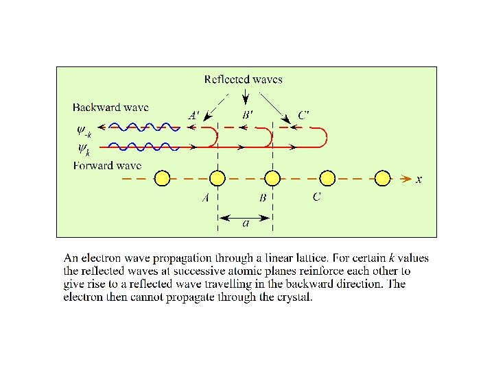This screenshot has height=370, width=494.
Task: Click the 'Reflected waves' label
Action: [244, 79]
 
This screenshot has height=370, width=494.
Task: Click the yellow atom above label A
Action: [217, 178]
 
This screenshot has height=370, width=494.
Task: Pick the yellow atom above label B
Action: [272, 178]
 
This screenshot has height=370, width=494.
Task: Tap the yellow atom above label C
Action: [327, 178]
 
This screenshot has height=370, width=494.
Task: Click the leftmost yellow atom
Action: [161, 178]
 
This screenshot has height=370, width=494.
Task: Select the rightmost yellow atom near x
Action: [382, 178]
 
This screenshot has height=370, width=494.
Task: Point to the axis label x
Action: [419, 180]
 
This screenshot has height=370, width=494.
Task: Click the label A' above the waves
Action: [195, 115]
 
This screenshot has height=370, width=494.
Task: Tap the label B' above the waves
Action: [248, 115]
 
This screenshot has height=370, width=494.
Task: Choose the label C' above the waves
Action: [303, 115]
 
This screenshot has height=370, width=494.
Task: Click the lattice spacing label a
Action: [246, 223]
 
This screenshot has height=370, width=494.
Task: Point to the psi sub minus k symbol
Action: [85, 129]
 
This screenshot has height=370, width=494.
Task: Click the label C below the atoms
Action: [316, 198]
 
